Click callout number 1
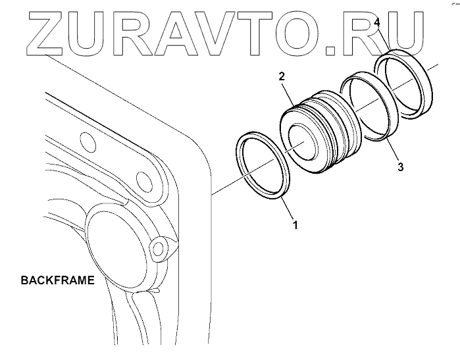coord(295,224)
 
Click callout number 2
coord(281,76)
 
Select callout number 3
coord(401,167)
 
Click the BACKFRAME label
coord(58,280)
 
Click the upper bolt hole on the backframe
coord(84,140)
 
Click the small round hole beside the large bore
coord(157,247)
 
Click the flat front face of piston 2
coord(301,147)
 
